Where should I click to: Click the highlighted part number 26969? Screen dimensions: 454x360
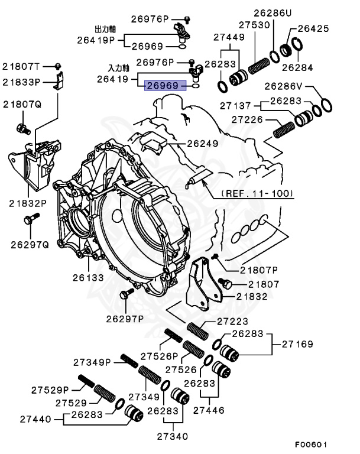coord(162,86)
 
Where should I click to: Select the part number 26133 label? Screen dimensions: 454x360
coord(89,277)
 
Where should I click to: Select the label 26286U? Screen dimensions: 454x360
coord(273,12)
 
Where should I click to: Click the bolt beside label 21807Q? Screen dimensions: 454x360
coord(22,127)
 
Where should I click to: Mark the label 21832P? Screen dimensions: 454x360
coord(27,203)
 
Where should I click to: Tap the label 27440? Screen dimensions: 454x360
coord(44,419)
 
